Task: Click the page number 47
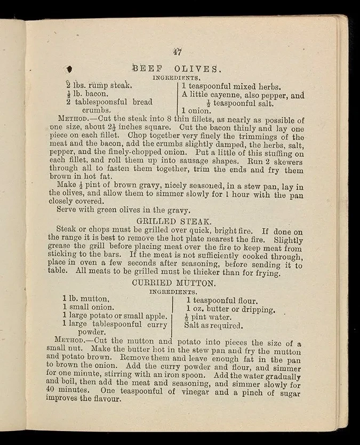point(178,52)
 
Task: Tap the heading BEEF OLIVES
point(175,68)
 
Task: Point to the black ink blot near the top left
point(69,68)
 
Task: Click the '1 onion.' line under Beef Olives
point(196,112)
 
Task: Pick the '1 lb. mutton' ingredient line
point(86,299)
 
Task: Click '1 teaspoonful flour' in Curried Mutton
point(221,301)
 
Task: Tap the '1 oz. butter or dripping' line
point(230,309)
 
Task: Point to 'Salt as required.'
point(213,325)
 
